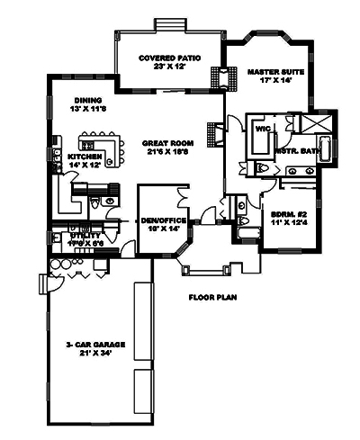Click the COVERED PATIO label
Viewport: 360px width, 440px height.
169,57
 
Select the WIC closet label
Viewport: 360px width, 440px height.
264,129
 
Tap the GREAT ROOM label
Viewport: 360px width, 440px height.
167,142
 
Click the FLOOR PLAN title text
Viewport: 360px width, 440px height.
211,297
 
